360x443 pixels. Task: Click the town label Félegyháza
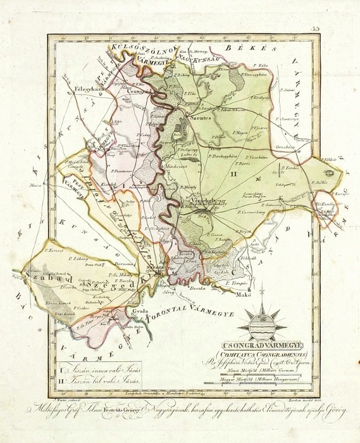(89, 89)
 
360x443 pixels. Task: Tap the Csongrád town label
(139, 91)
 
